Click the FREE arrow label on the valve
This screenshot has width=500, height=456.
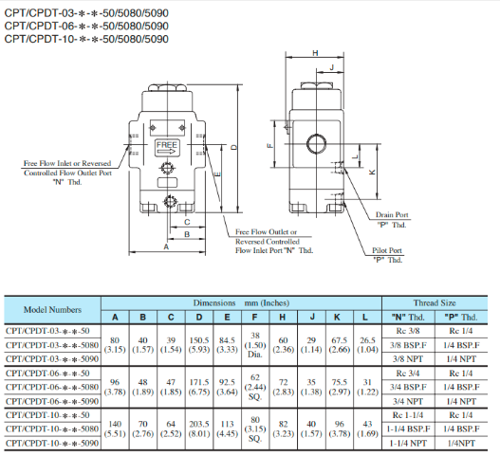[167, 147]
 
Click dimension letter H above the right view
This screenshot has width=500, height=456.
[314, 53]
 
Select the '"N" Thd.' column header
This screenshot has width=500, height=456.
[405, 317]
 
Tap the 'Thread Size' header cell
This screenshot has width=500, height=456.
[435, 302]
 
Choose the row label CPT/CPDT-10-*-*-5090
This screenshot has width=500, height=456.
[51, 443]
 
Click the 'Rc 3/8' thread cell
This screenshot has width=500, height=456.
[405, 330]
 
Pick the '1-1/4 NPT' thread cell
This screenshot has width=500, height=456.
[405, 443]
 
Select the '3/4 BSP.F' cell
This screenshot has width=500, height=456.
[405, 387]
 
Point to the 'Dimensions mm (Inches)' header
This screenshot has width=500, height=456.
[242, 302]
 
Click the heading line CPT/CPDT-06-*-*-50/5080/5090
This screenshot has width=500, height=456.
[86, 26]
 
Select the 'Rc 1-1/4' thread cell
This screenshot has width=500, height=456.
[405, 415]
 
